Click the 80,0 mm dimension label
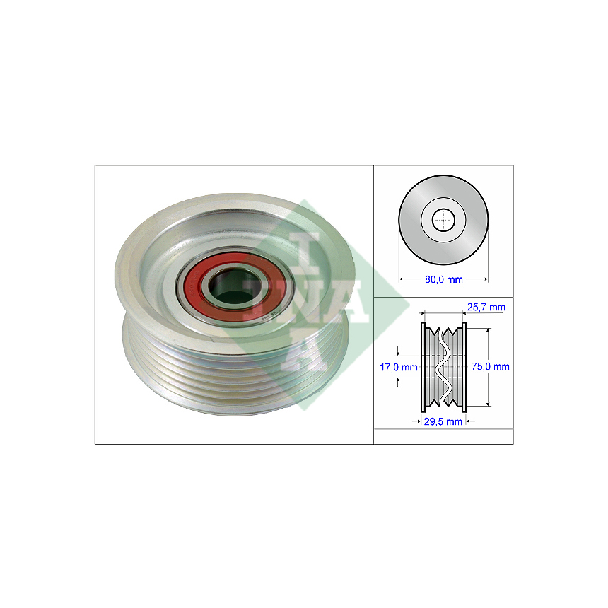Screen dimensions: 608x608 443,279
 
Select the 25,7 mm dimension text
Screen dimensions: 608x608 486,307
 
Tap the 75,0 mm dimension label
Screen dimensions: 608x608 490,366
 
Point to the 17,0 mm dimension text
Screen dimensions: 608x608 398,367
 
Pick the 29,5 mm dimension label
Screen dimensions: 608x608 443,421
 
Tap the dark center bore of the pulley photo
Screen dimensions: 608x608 235,286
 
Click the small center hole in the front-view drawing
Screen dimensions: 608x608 443,220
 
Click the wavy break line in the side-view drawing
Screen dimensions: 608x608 443,367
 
